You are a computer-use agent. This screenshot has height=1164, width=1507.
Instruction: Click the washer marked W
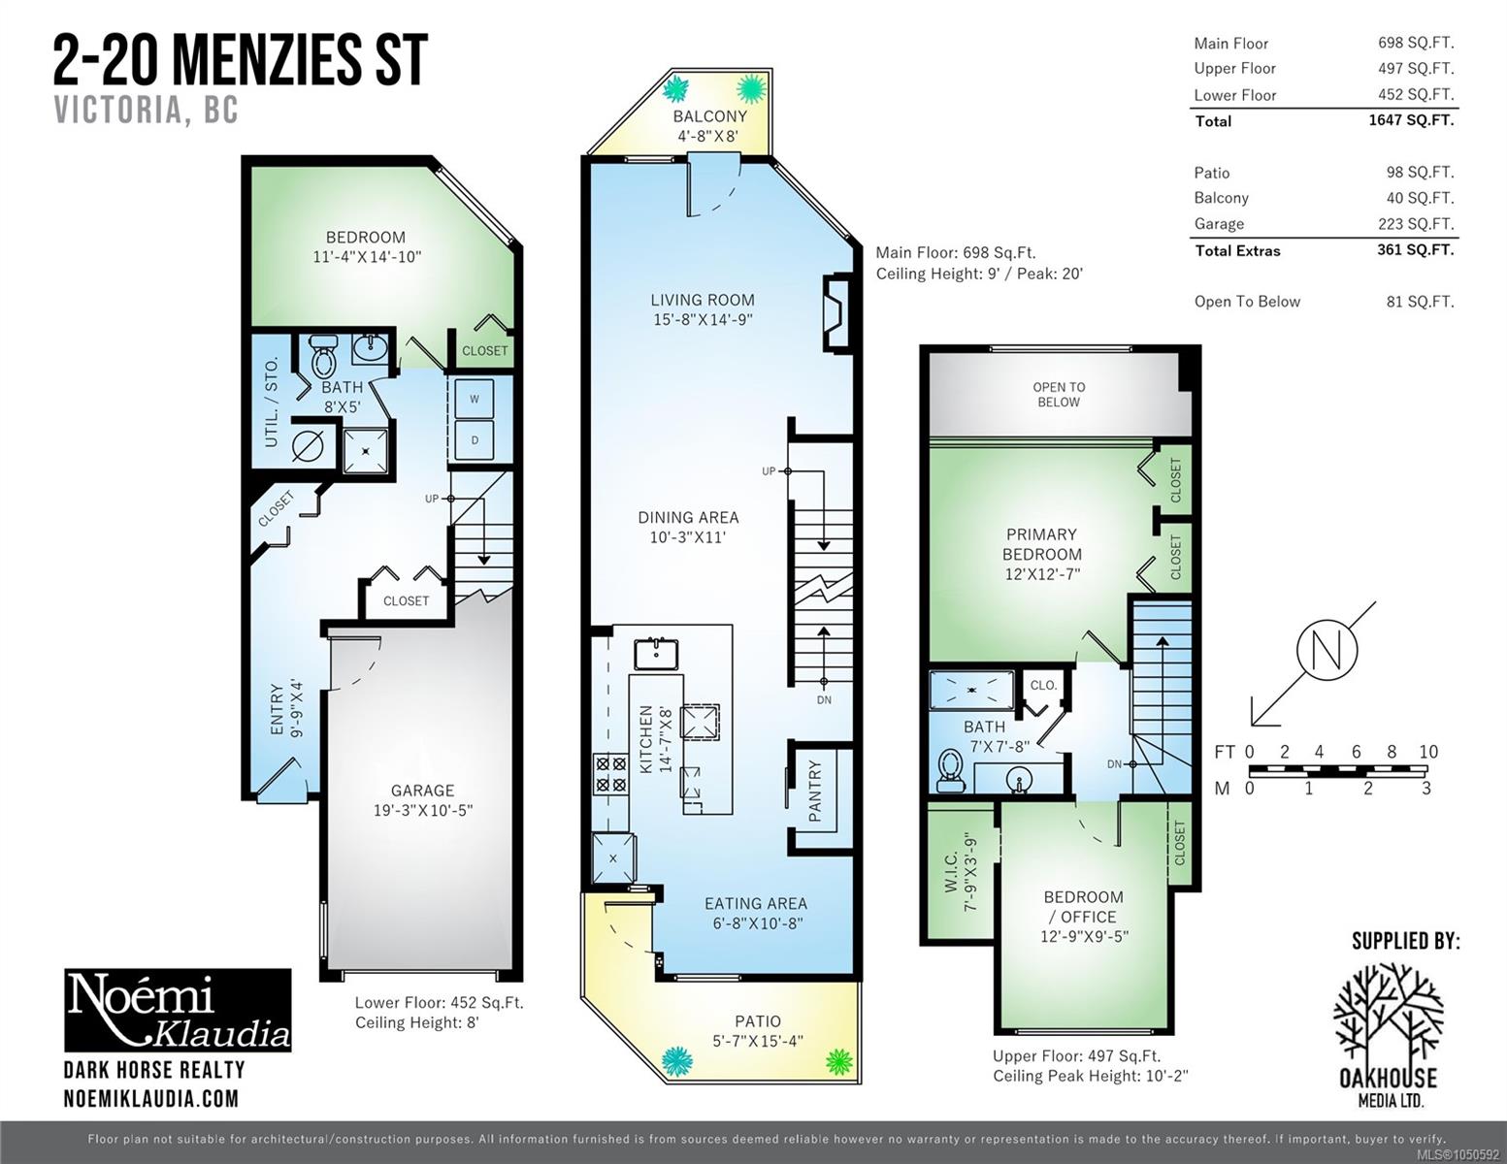coord(475,398)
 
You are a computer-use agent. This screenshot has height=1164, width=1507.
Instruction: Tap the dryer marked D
coord(475,439)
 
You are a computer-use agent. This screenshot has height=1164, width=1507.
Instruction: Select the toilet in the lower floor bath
coord(323,356)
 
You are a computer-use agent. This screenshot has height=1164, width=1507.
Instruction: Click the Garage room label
coord(422,791)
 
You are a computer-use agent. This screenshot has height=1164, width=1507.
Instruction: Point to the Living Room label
coord(703,300)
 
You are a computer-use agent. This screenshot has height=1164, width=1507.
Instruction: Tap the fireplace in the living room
coord(837,313)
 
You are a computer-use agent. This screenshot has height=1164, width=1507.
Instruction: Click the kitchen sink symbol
coord(656,655)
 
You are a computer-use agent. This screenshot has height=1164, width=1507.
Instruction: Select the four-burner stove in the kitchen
coord(610,774)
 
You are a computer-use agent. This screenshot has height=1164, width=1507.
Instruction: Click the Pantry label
coord(815,791)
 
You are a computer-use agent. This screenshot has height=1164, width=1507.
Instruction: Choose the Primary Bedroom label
coord(1041,544)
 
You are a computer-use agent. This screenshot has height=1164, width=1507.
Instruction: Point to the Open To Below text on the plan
coord(1059,395)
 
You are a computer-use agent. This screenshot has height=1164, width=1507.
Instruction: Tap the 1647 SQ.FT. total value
coord(1411,120)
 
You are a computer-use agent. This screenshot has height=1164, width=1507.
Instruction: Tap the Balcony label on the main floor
coord(710,116)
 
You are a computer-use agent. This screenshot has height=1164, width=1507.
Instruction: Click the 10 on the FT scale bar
coord(1428,752)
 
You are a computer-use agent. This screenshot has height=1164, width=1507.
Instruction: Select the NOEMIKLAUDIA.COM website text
coord(151,1099)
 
